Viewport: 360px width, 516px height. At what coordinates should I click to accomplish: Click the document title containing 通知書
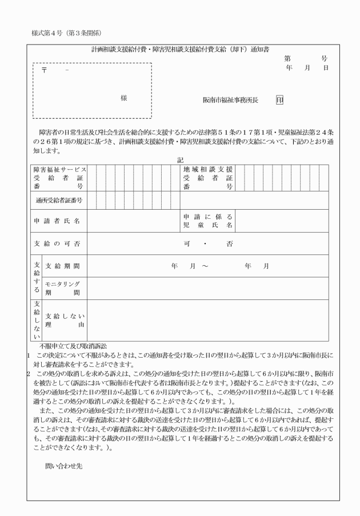[180, 50]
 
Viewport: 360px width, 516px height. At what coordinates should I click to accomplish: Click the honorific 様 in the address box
[123, 98]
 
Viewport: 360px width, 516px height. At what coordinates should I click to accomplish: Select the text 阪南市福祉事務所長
[230, 100]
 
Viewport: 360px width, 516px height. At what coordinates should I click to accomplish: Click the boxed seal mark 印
[279, 100]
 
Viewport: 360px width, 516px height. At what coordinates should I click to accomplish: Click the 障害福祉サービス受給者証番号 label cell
[59, 178]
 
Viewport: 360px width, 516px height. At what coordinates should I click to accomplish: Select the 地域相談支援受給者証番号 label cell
[208, 178]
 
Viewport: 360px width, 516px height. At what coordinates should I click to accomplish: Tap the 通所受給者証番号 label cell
[59, 201]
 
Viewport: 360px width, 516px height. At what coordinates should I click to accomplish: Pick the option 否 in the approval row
[229, 244]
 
